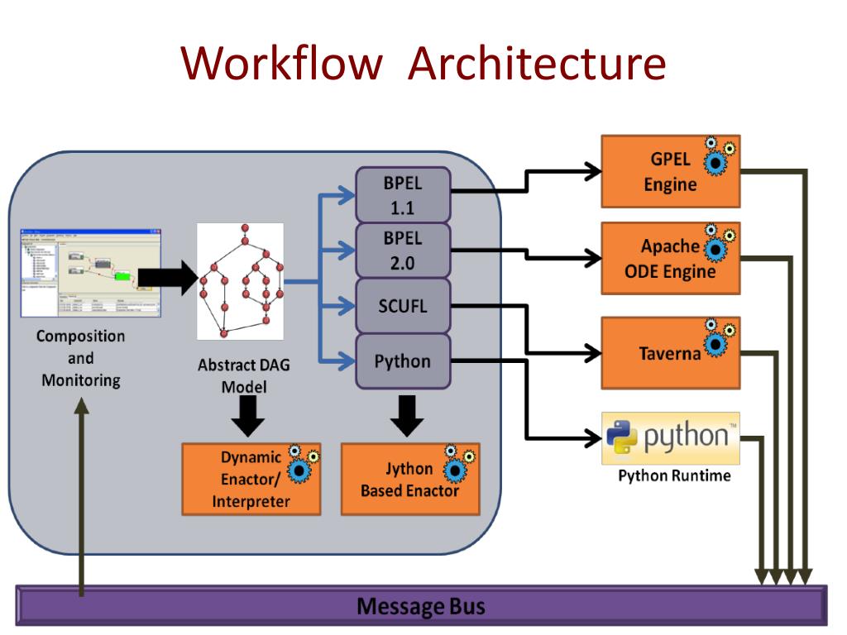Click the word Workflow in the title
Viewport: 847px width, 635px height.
[281, 64]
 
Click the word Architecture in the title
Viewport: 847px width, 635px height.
[537, 64]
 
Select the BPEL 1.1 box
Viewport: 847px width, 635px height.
[403, 194]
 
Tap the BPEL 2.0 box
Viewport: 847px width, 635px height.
[403, 251]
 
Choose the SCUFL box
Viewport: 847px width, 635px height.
[403, 306]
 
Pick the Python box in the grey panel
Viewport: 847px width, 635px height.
[403, 361]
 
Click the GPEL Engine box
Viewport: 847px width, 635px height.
[670, 172]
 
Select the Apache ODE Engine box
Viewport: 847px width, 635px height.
[670, 259]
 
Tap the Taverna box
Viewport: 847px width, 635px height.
[670, 354]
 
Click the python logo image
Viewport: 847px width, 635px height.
[670, 438]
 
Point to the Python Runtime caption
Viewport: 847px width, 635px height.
[674, 476]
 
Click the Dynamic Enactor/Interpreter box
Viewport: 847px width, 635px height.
[251, 480]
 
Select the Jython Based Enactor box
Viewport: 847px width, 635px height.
[410, 480]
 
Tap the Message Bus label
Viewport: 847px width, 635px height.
[421, 607]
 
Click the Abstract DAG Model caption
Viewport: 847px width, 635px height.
[244, 375]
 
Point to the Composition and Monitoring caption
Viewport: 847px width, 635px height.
[81, 359]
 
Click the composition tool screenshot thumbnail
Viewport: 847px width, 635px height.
[89, 273]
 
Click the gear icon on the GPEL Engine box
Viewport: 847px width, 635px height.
[716, 157]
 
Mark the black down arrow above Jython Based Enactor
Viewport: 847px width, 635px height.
[405, 414]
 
